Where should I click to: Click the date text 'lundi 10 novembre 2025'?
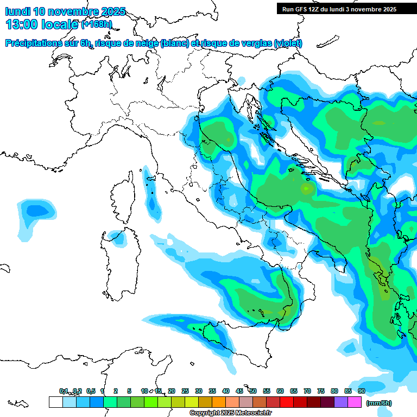pos(65,11)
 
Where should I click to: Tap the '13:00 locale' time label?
pos(42,24)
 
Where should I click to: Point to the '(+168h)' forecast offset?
pos(97,24)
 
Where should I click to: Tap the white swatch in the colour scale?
pos(55,402)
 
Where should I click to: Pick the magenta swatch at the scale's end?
pos(355,402)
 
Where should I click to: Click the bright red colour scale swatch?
pos(287,402)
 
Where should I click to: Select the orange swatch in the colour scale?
pos(219,402)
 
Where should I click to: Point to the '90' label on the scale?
pos(361,391)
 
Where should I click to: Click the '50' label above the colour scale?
pos(253,391)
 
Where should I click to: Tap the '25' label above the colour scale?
pos(185,391)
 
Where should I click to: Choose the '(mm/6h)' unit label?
pos(378,403)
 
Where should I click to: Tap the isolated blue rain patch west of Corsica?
pos(37,210)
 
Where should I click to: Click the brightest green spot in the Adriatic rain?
pos(308,188)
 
